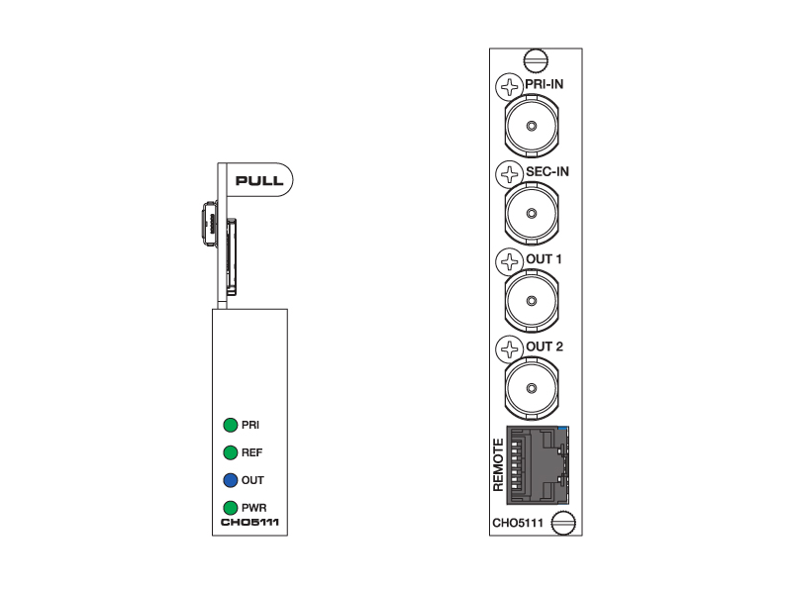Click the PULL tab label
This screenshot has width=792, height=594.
coord(259,180)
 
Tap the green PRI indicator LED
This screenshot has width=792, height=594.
coord(231,425)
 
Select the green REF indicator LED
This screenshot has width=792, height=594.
coord(231,452)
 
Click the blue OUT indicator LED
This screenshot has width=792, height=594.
coord(231,480)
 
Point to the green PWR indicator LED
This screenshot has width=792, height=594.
coord(231,508)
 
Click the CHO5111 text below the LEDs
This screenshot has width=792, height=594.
coord(250,523)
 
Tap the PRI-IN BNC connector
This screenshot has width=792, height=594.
coord(532,126)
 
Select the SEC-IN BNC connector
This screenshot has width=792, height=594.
coord(532,213)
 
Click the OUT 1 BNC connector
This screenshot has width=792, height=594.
coord(532,301)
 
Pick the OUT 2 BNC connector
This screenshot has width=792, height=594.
coord(532,388)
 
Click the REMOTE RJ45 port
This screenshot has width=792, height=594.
coord(538,465)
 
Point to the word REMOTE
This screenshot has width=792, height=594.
coord(499,465)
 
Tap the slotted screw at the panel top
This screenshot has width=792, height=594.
coord(536,60)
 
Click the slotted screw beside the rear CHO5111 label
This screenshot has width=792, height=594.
coord(563,523)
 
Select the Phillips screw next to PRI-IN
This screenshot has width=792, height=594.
coord(509,86)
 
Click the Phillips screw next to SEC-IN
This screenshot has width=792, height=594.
coord(509,174)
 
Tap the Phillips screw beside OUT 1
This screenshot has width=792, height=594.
coord(509,261)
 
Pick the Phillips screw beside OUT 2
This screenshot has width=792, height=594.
coord(509,349)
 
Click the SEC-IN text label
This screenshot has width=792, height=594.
coord(547,171)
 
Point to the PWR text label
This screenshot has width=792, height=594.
coord(254,508)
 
